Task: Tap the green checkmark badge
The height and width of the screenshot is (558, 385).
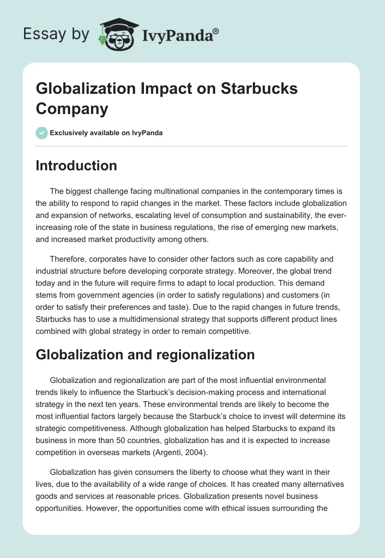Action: pos(42,133)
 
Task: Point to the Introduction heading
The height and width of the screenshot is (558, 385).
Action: pos(77,165)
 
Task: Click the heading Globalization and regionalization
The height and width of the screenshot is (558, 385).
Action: pos(145,355)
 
